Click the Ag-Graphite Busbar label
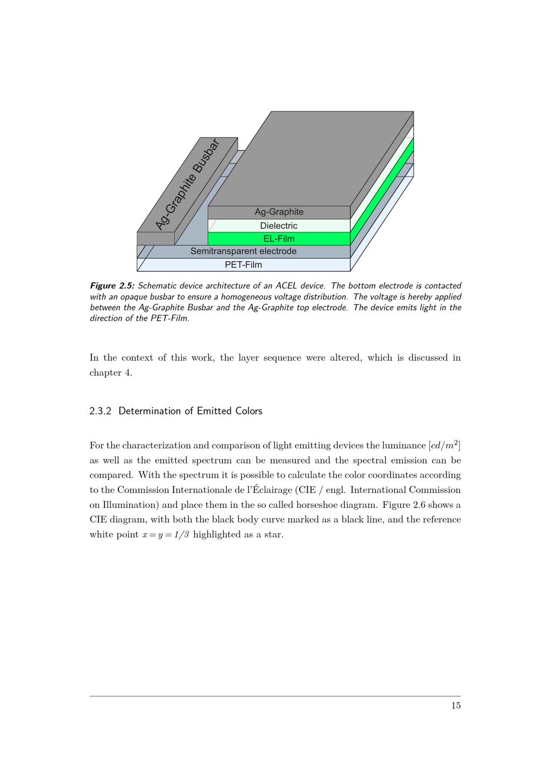[x=187, y=184]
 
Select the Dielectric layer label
[x=279, y=226]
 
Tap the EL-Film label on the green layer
[x=279, y=239]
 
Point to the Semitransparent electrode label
[x=243, y=251]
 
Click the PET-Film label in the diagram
[x=243, y=264]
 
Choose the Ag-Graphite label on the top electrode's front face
[x=279, y=212]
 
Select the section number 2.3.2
[x=100, y=411]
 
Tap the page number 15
[x=456, y=706]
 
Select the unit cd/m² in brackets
[x=444, y=446]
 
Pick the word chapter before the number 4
[x=105, y=372]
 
